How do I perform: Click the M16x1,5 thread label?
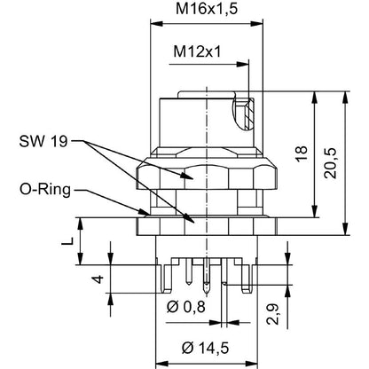click(207, 9)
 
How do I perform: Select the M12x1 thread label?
click(197, 51)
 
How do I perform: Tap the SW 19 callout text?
click(43, 141)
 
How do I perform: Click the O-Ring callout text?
click(45, 190)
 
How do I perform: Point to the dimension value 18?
click(302, 153)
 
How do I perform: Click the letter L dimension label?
click(67, 241)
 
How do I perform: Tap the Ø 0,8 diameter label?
click(185, 307)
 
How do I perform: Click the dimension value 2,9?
click(272, 314)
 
